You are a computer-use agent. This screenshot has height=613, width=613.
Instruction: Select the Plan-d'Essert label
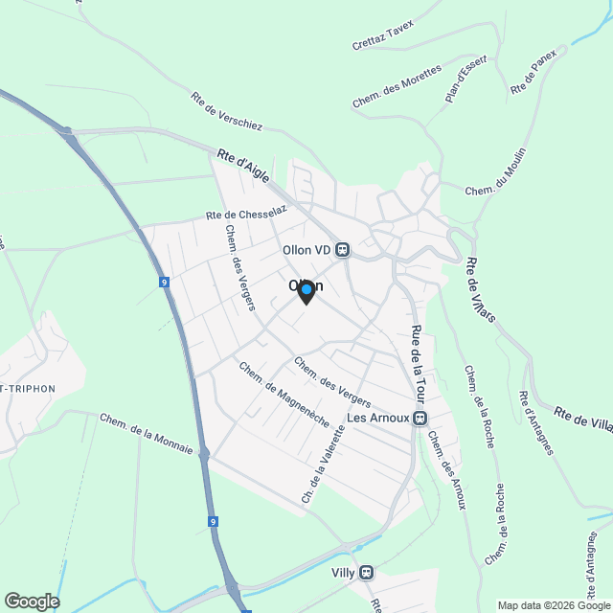click(467, 79)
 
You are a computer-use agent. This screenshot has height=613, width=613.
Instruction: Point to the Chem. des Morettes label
click(397, 86)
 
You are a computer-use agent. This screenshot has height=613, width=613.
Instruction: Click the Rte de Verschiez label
click(226, 111)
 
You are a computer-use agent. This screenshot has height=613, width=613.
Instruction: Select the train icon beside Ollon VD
click(342, 249)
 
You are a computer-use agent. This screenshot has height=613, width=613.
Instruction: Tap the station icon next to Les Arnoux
click(421, 419)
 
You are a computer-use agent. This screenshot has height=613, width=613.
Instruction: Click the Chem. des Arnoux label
click(448, 470)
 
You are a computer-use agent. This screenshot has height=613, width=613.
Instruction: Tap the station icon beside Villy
click(366, 573)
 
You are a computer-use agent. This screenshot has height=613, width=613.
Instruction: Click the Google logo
click(31, 601)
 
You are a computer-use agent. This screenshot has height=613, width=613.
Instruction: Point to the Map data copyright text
click(553, 604)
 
